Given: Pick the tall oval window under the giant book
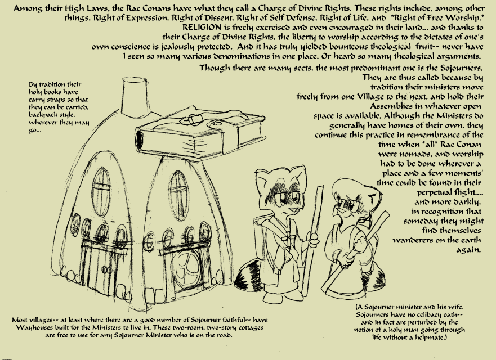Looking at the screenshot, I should (x=178, y=189).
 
